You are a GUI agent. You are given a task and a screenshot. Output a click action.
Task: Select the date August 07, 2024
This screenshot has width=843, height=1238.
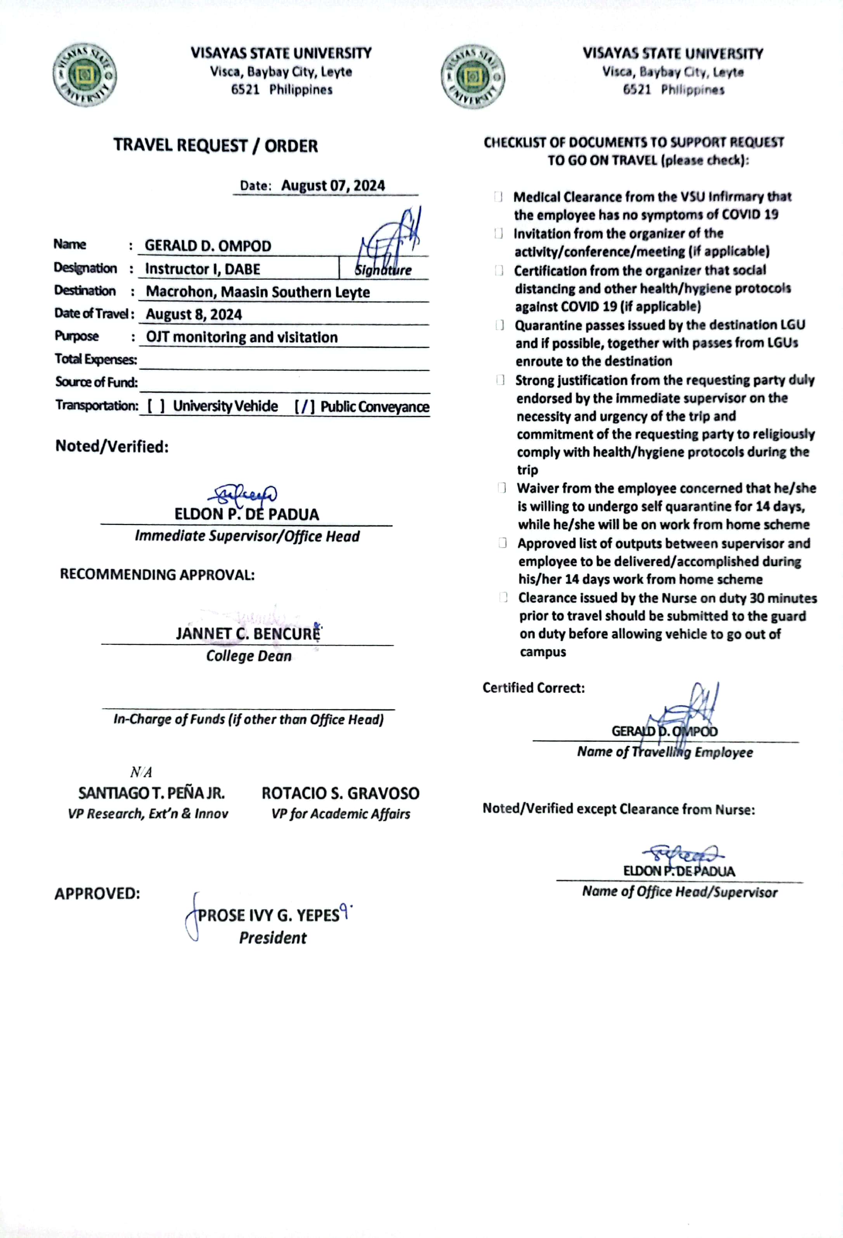[x=333, y=185]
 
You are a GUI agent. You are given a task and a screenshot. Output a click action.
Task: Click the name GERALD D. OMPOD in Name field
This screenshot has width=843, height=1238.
[x=208, y=245]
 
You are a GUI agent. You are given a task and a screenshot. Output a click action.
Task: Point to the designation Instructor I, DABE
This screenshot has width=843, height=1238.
[x=202, y=269]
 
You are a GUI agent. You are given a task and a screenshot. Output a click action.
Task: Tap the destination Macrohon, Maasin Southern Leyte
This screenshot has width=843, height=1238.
[x=258, y=292]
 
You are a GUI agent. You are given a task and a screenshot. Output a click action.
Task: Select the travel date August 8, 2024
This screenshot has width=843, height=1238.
[x=194, y=314]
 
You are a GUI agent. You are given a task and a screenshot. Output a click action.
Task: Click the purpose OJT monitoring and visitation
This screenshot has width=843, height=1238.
[x=242, y=337]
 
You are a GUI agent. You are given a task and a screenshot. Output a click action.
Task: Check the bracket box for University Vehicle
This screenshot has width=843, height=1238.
[x=156, y=406]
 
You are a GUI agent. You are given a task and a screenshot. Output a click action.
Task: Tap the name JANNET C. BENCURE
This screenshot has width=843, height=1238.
[x=248, y=634]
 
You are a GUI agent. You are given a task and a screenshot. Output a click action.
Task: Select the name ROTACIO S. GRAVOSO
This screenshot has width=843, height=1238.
[x=340, y=793]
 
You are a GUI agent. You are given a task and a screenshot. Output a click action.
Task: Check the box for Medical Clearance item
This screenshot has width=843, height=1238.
[x=498, y=196]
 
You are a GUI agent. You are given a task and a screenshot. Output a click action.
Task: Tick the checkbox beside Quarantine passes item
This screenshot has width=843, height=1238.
[x=500, y=325]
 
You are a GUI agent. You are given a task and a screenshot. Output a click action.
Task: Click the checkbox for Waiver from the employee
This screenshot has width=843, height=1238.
[x=501, y=488]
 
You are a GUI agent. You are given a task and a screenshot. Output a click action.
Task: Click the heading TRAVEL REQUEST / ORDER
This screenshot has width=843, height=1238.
[x=216, y=145]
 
